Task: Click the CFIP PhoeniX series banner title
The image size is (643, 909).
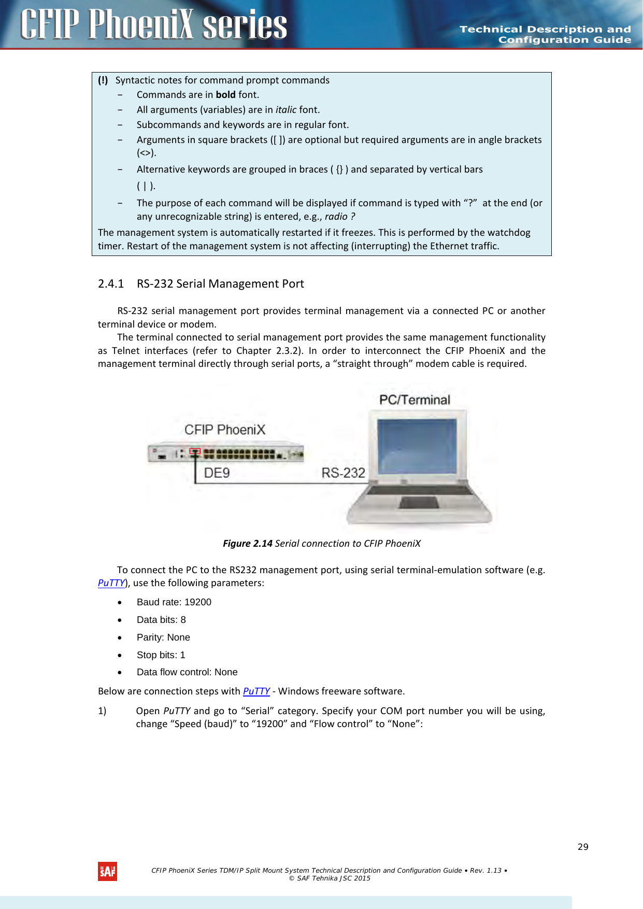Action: pyautogui.click(x=154, y=24)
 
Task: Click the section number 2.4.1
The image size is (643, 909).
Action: pyautogui.click(x=111, y=283)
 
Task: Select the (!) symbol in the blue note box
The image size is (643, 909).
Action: pyautogui.click(x=103, y=80)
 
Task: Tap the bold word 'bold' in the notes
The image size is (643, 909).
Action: pyautogui.click(x=225, y=94)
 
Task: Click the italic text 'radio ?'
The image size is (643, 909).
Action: pyautogui.click(x=340, y=216)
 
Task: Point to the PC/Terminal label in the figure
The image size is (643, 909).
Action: pyautogui.click(x=415, y=400)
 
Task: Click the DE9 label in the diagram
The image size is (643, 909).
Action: pyautogui.click(x=217, y=473)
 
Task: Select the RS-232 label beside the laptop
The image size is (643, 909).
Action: pyautogui.click(x=343, y=473)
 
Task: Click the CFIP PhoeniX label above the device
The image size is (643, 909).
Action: pyautogui.click(x=225, y=430)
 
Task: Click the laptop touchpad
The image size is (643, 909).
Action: pyautogui.click(x=419, y=502)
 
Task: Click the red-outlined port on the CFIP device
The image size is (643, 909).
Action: pyautogui.click(x=195, y=451)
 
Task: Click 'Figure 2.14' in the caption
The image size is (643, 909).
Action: pyautogui.click(x=247, y=543)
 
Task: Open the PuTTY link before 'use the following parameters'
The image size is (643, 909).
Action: pyautogui.click(x=111, y=583)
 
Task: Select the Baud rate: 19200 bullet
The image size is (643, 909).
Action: pyautogui.click(x=174, y=602)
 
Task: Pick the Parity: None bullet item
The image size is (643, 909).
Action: pyautogui.click(x=163, y=637)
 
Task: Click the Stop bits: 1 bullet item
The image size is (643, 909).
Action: pyautogui.click(x=161, y=655)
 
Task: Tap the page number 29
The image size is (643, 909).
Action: pyautogui.click(x=583, y=846)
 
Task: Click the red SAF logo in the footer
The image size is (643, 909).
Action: pyautogui.click(x=107, y=871)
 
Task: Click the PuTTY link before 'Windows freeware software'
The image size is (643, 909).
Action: pyautogui.click(x=256, y=691)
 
